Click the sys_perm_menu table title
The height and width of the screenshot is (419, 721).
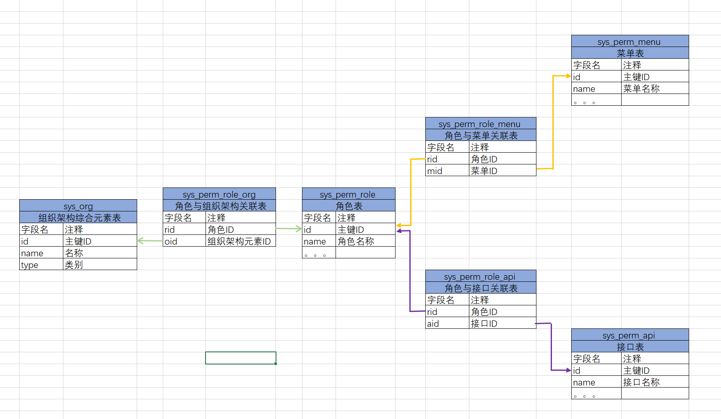[629, 42]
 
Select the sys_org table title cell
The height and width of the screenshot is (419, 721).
[78, 206]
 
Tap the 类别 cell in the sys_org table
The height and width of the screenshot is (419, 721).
[99, 265]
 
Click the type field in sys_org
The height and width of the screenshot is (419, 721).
[41, 265]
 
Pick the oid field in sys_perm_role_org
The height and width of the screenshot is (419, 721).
[184, 241]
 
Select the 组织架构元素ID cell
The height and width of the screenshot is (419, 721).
[240, 241]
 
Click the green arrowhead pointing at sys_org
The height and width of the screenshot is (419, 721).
[140, 240]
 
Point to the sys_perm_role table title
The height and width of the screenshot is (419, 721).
[348, 194]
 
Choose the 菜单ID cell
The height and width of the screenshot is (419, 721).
[502, 171]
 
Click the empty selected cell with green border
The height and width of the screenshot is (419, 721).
[240, 358]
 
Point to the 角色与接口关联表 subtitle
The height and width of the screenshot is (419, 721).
[481, 288]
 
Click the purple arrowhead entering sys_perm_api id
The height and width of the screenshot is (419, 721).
[568, 370]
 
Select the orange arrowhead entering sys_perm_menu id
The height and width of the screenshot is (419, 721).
[568, 76]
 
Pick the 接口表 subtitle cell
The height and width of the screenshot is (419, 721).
[630, 347]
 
